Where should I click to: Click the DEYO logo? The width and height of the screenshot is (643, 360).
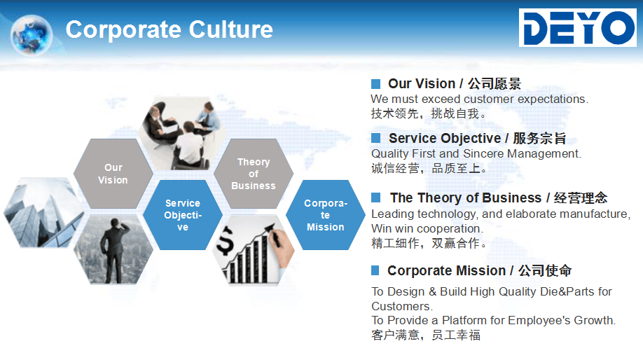[578, 27]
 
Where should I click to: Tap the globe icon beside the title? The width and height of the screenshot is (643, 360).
[32, 35]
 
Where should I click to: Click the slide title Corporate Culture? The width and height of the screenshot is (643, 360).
[170, 29]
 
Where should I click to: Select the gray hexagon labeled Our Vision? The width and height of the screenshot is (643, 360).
[113, 174]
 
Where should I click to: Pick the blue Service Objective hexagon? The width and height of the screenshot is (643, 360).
[183, 215]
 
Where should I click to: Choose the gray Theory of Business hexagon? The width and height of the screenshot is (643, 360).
[254, 174]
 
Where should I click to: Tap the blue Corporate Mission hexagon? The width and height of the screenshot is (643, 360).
[326, 215]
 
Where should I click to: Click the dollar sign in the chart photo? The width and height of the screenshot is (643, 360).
[225, 242]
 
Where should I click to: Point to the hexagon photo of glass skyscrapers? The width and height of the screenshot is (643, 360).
[43, 212]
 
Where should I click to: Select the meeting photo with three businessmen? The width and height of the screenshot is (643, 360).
[182, 134]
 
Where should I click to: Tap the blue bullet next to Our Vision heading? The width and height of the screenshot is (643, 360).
[375, 83]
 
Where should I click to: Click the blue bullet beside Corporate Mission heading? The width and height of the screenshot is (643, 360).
[375, 270]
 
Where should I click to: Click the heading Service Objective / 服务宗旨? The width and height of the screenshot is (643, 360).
[477, 138]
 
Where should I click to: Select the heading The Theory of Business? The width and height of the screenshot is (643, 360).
[466, 198]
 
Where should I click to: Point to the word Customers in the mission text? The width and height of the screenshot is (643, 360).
[402, 306]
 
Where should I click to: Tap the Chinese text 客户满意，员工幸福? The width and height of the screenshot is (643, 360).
[426, 335]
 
